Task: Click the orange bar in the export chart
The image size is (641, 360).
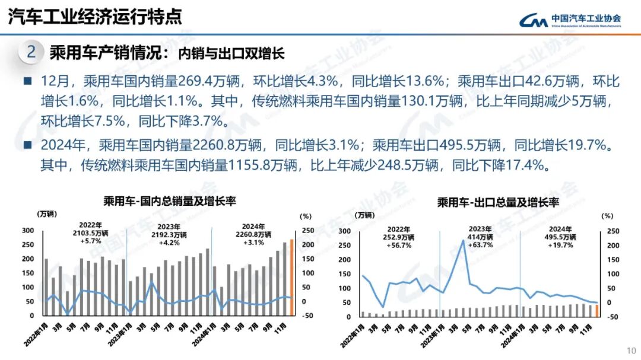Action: point(596,311)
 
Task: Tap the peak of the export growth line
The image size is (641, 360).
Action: point(464,240)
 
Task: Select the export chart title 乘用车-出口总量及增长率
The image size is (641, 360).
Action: point(499,202)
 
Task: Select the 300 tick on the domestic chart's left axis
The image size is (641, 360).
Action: point(28,230)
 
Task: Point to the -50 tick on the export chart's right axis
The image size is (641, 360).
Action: point(612,317)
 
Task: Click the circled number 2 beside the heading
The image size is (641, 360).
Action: point(31,53)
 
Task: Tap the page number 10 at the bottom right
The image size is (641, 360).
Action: point(630,349)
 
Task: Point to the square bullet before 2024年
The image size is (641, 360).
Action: point(28,145)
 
